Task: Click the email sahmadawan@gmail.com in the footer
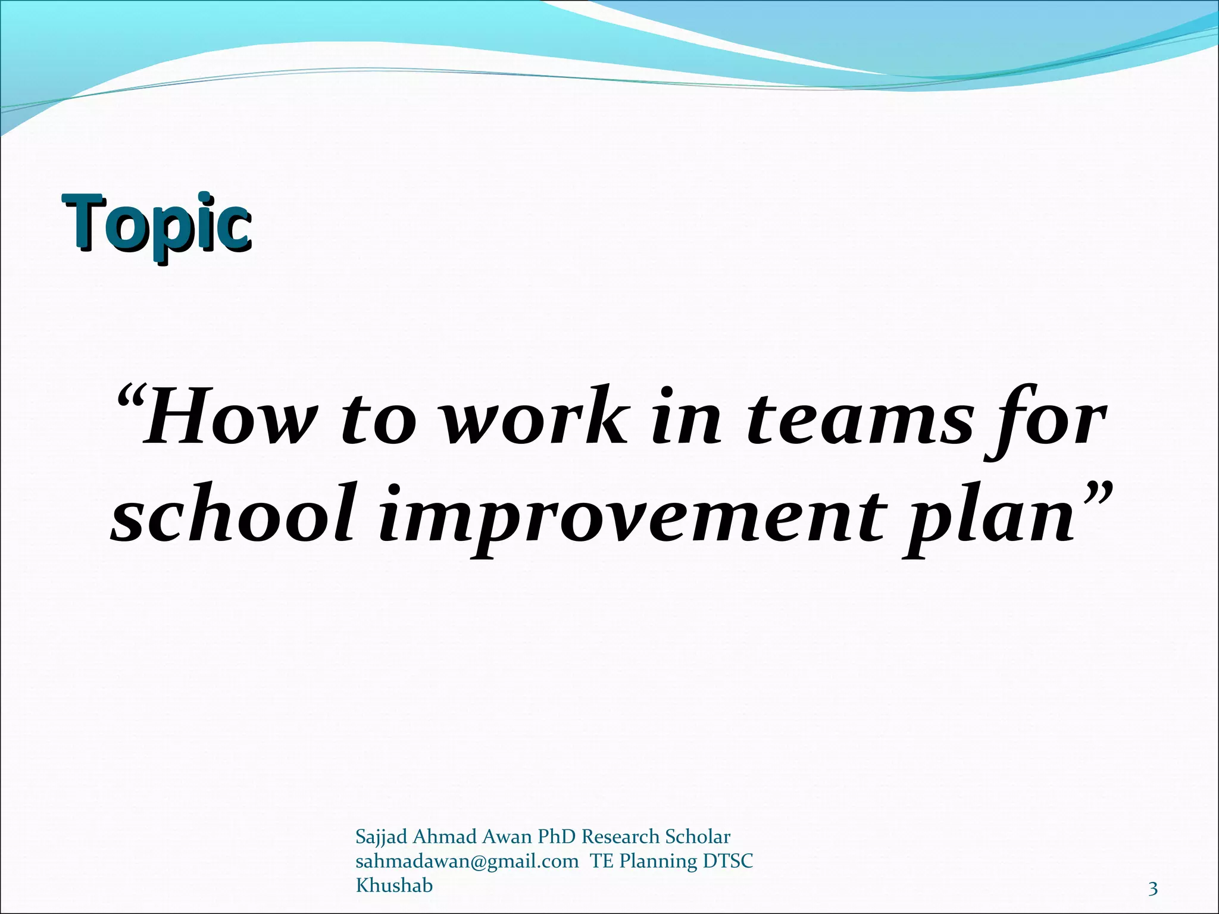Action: (467, 861)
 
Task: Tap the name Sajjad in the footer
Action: (381, 837)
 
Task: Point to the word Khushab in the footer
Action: (394, 885)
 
